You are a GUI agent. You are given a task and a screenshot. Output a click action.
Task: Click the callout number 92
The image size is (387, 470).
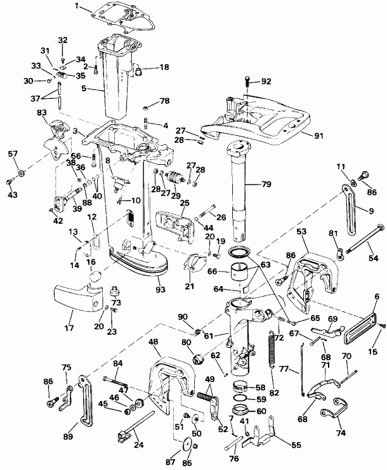[265, 81]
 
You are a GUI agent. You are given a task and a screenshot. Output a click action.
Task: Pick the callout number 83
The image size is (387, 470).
[42, 113]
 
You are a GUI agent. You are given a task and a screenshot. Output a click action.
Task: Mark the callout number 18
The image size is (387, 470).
[146, 67]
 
